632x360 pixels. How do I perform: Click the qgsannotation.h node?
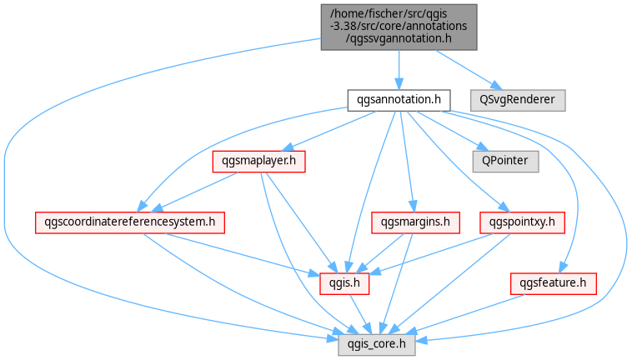399,100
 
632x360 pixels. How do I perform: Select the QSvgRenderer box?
518,100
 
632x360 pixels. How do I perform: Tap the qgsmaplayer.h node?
258,162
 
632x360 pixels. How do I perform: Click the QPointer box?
505,162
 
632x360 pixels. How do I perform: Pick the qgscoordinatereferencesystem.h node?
130,222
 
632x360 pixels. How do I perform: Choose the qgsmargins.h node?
415,222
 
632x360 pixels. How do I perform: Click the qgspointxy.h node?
522,222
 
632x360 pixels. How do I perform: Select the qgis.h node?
344,284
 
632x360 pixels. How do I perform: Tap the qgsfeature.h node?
553,284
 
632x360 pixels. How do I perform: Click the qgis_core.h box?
377,345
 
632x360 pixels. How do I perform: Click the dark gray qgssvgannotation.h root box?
399,27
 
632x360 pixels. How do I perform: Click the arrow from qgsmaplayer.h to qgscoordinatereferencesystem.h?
194,192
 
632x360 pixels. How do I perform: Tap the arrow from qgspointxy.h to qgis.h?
431,253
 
